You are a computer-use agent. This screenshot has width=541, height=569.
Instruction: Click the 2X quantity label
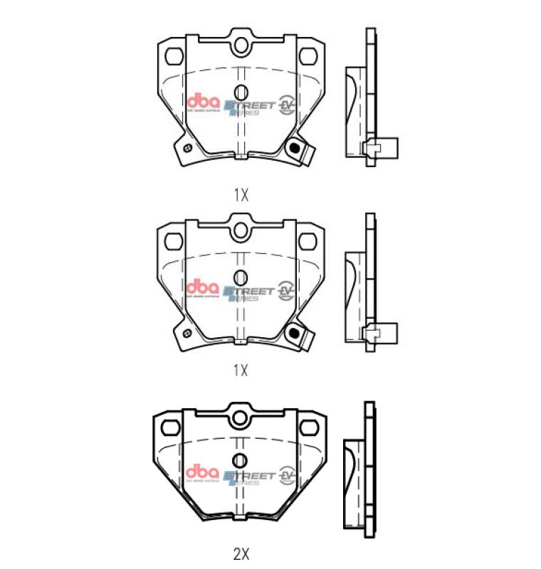pos(241,552)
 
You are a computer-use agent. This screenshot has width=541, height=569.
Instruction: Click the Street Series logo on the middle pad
pos(249,292)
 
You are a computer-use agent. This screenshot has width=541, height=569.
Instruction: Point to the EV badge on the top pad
pos(288,105)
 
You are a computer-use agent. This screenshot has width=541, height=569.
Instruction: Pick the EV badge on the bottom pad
pos(288,474)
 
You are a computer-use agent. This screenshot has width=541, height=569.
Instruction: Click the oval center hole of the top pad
pos(240,92)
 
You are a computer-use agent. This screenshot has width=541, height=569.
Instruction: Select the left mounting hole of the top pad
pos(173,55)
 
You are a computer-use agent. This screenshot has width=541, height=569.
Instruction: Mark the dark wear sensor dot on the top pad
pos(292,148)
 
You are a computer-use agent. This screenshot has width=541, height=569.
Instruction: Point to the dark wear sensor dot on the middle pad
pos(292,332)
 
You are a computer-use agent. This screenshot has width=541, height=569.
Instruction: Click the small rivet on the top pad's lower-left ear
pos(186,148)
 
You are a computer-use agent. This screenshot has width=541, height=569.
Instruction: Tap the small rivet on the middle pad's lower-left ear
pos(186,333)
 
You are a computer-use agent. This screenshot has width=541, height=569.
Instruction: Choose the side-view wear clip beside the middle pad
pos(380,333)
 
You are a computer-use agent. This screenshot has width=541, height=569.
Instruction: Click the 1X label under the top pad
pos(241,194)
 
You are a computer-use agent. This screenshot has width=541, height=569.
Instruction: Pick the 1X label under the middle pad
pos(241,370)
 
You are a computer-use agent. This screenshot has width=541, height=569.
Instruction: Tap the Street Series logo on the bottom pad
pos(249,477)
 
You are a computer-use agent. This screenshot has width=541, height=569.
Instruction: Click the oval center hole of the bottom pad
pos(240,460)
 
